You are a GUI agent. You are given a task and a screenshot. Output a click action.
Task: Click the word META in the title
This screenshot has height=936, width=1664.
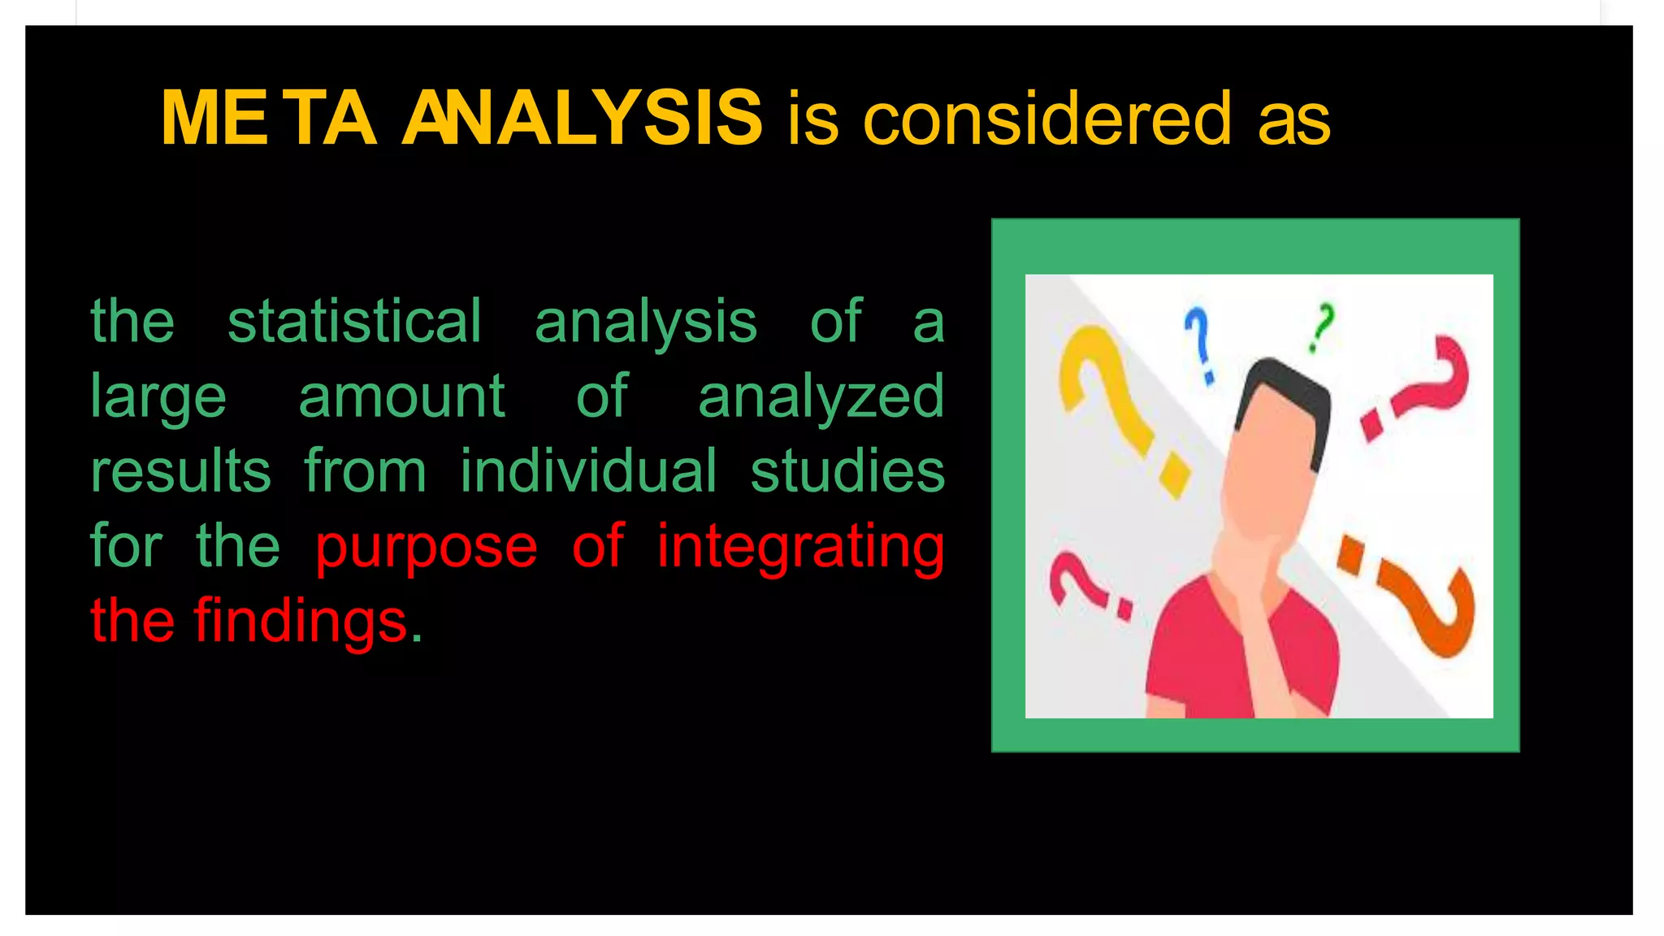(268, 119)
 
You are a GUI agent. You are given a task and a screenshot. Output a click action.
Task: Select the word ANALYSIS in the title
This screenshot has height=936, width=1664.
(582, 119)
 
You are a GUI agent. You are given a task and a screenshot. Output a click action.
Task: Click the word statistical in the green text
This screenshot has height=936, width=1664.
(354, 322)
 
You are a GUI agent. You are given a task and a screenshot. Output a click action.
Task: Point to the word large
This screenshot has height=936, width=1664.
(158, 397)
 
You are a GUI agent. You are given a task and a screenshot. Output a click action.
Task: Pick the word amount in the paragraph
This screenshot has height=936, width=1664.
(401, 396)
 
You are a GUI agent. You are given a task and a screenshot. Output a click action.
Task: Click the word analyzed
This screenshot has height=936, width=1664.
(821, 397)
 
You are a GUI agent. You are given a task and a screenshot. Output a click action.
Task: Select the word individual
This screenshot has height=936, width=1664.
(588, 471)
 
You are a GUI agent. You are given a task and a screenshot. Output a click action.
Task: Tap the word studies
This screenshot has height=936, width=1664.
(847, 471)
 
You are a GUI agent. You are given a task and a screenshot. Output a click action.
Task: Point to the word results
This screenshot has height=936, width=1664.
(180, 471)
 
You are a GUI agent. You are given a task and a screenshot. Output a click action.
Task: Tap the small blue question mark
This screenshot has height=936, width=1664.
(1199, 341)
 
